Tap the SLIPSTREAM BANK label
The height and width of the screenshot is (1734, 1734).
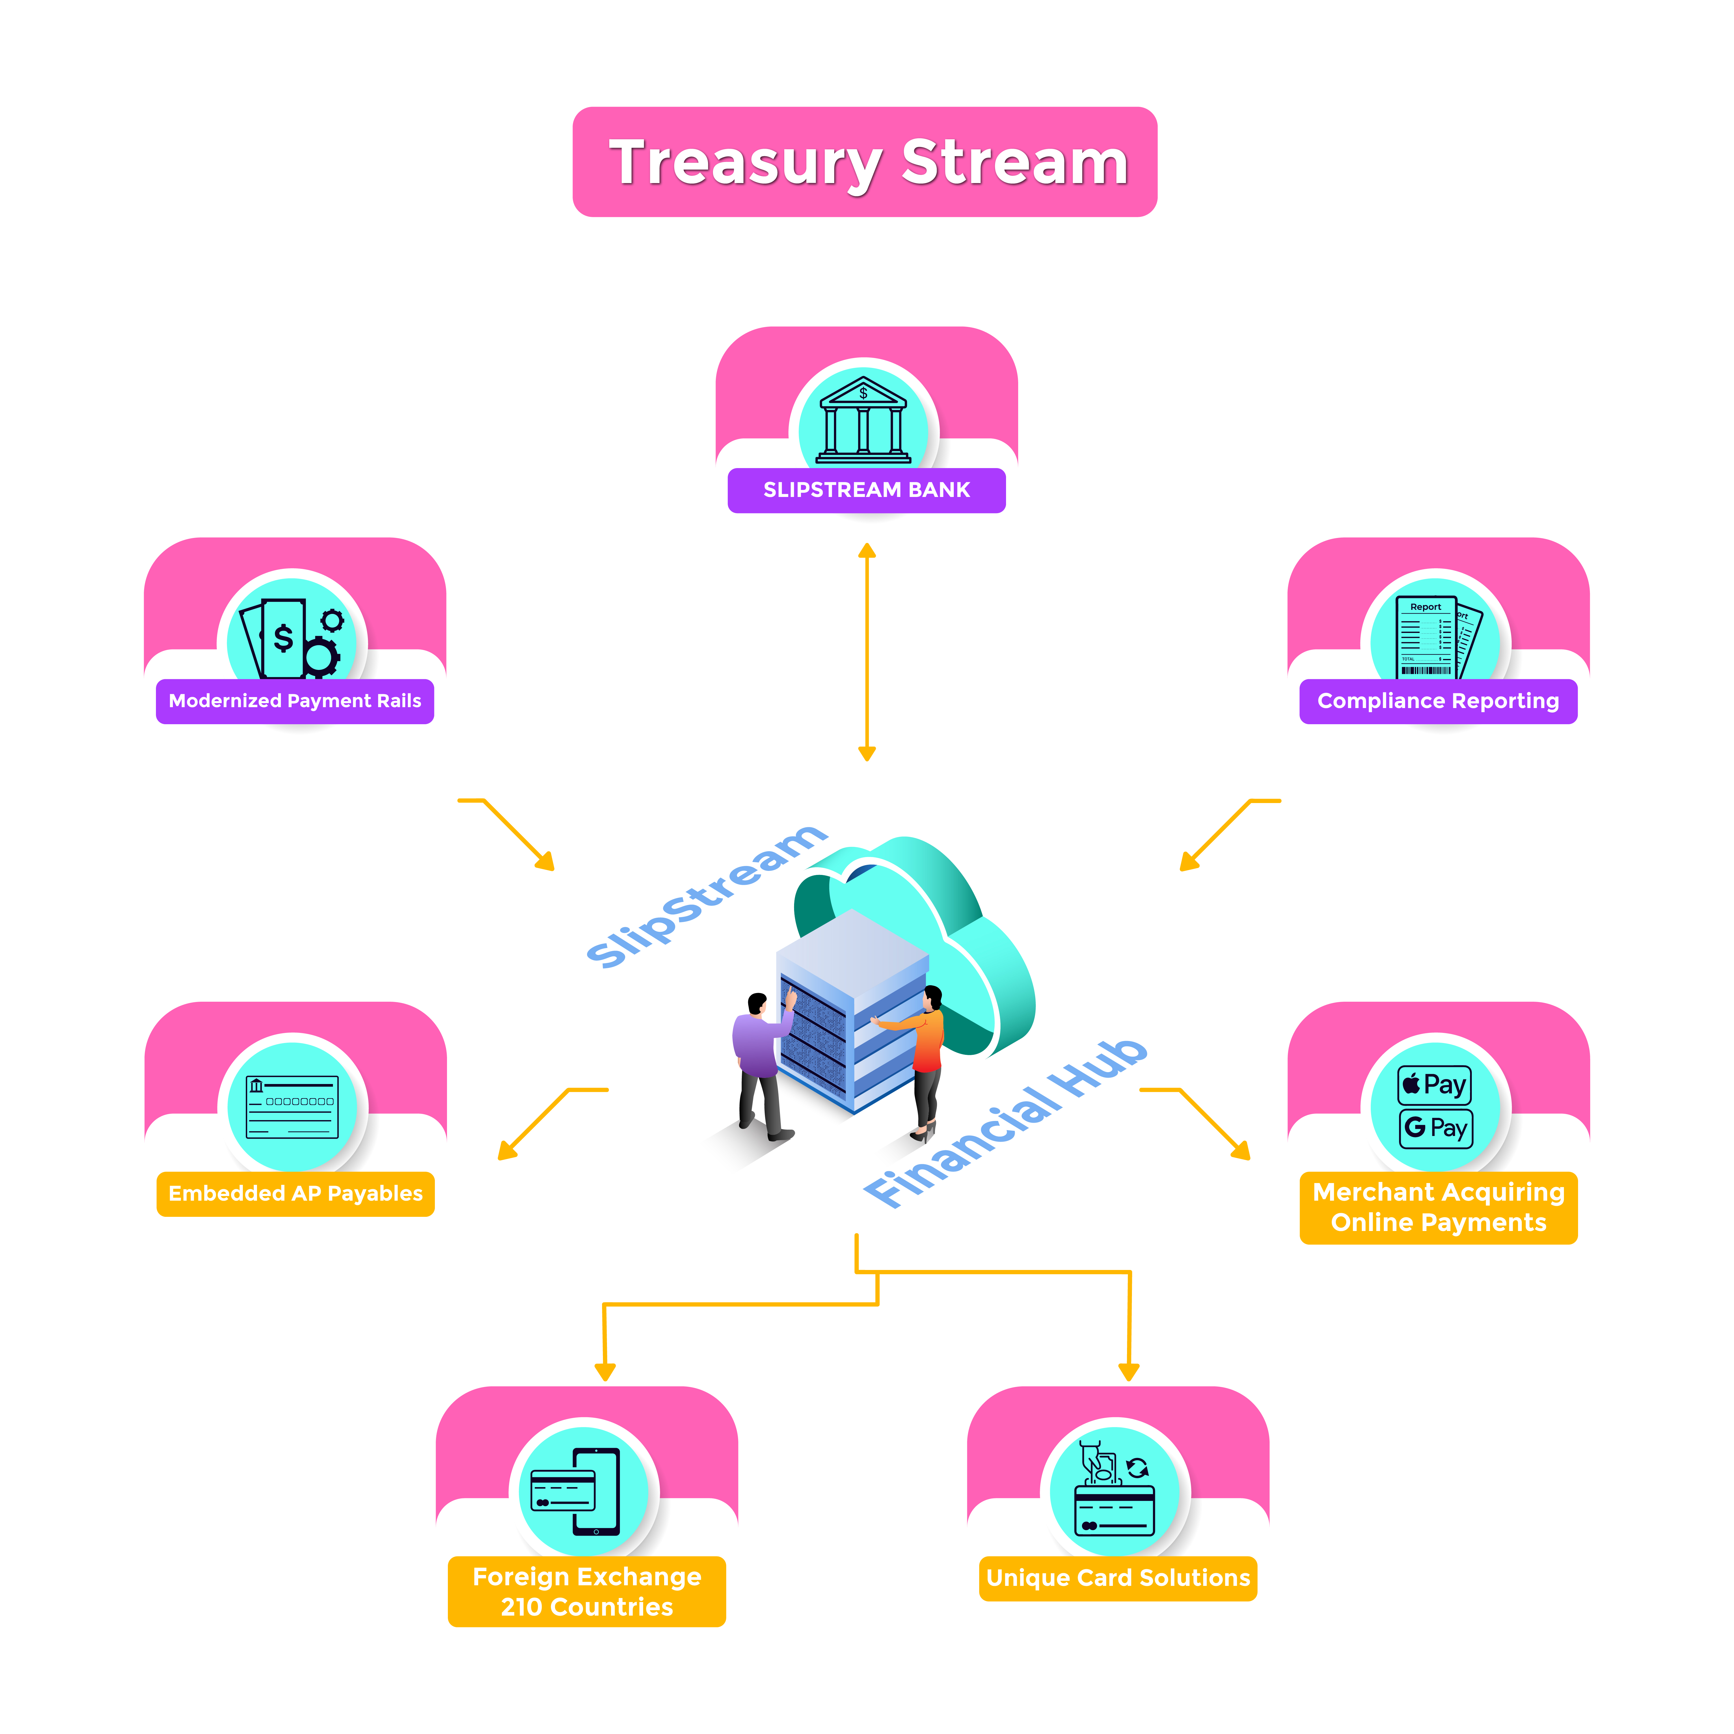(866, 490)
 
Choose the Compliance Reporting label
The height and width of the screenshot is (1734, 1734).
(1438, 701)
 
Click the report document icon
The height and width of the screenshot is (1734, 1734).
(1434, 637)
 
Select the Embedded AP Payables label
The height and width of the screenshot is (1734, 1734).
(295, 1194)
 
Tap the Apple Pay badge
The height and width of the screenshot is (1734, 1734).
(1434, 1085)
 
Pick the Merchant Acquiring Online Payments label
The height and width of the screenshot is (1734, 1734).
(1438, 1207)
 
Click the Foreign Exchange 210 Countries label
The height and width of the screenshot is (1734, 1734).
(587, 1591)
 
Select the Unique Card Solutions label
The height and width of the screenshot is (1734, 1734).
(1117, 1578)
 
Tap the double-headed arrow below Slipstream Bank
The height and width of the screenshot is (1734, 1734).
(867, 652)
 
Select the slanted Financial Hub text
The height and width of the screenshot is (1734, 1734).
(1005, 1122)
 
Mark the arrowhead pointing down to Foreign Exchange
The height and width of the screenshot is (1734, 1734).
(605, 1371)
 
